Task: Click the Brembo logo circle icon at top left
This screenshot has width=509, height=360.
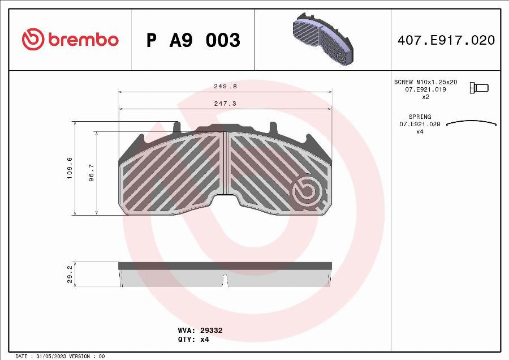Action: (33, 39)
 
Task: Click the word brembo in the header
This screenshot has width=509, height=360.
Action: (83, 40)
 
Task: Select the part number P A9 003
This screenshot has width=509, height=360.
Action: (193, 40)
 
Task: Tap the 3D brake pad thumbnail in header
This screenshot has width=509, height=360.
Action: (321, 39)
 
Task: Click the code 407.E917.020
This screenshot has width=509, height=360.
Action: (446, 40)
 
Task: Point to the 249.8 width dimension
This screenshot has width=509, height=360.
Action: (225, 87)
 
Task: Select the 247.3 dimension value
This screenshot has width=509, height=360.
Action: (225, 104)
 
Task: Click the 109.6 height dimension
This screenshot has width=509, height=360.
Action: (70, 168)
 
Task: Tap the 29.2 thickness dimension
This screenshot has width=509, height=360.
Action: (70, 274)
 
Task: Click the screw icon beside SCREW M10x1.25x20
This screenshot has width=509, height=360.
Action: (479, 88)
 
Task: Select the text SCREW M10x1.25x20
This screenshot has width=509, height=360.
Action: (425, 82)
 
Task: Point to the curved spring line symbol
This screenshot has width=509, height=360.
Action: (471, 122)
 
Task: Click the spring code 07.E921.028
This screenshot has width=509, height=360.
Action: (420, 124)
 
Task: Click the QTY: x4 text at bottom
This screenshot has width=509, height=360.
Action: (193, 340)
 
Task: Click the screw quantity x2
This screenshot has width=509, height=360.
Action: (426, 97)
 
